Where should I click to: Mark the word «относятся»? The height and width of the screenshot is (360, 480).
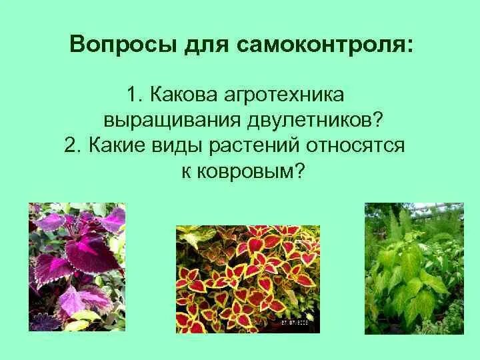355,146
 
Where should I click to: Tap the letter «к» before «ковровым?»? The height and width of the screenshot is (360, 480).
187,171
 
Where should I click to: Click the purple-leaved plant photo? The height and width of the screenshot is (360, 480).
77,267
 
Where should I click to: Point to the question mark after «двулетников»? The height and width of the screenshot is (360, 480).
378,121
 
